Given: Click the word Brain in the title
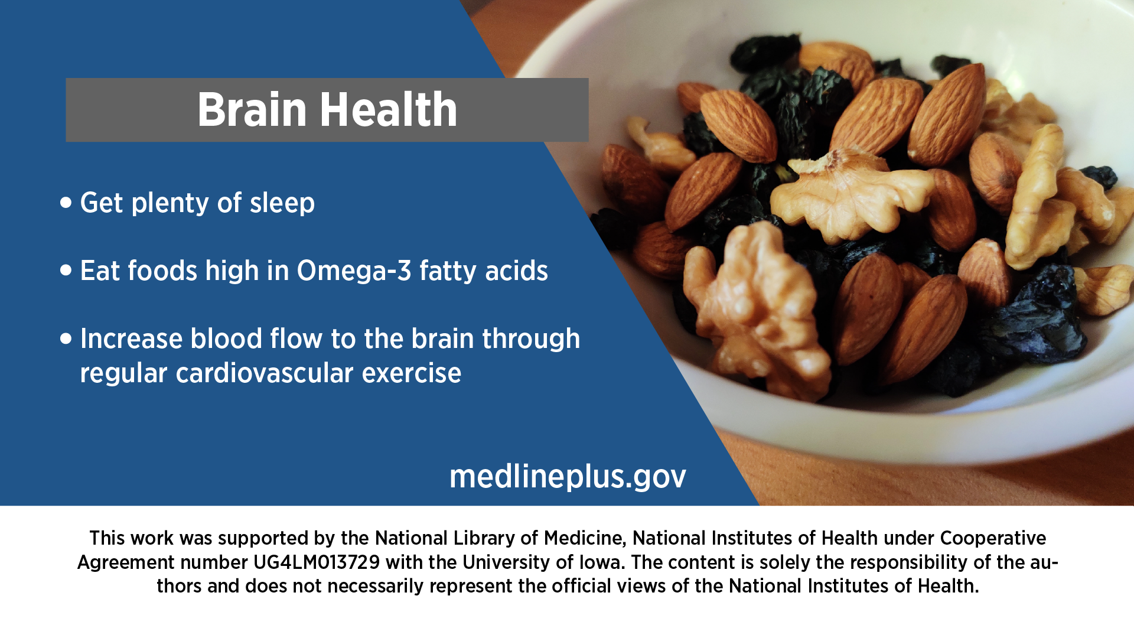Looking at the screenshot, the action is [252, 110].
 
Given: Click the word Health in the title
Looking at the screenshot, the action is [389, 109].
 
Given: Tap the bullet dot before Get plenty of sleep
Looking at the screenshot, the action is [66, 203].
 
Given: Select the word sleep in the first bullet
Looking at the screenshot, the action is [282, 203].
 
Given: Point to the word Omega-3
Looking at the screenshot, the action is [354, 271].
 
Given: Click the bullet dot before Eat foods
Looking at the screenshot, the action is [66, 271].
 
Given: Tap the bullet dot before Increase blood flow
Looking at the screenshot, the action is [66, 338].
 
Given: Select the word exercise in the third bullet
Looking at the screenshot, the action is [412, 373].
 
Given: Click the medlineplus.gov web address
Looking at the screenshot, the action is [568, 477].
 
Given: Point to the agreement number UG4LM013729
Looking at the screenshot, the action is [317, 562].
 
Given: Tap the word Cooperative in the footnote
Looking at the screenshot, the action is [993, 538].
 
